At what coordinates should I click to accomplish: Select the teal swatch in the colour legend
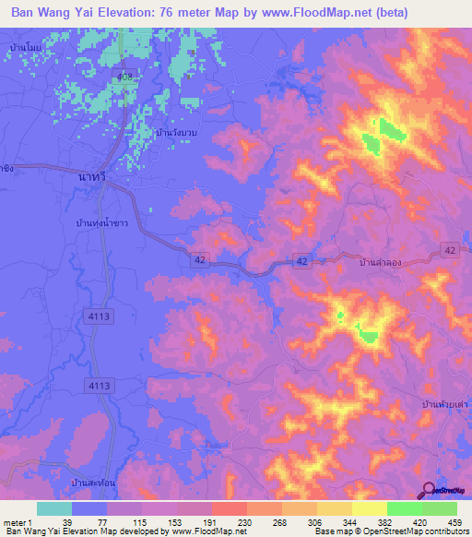(x=54, y=508)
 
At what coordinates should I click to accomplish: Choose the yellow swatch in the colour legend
(x=369, y=508)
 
